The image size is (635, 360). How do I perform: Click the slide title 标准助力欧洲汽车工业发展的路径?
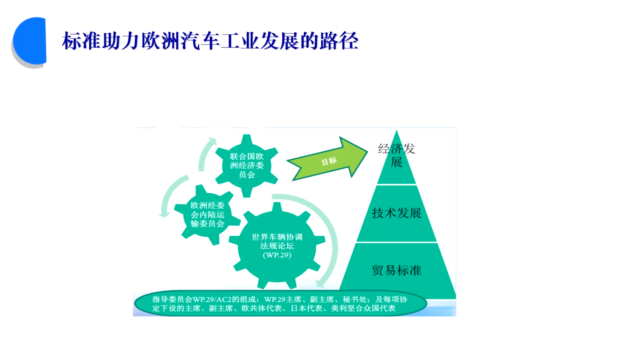pos(210,41)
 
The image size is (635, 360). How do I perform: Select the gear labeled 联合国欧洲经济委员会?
pos(246,166)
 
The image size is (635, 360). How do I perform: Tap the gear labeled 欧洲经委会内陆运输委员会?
pos(207,215)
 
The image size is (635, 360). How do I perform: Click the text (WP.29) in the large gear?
pos(277,255)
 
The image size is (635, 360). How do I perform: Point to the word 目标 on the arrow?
pos(329,161)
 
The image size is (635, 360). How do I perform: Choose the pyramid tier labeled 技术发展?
pos(396,214)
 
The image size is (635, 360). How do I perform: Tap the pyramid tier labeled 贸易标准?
pos(396,270)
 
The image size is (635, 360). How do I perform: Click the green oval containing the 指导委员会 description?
pos(280,304)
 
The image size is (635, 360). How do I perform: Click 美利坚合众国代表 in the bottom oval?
pos(363,309)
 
